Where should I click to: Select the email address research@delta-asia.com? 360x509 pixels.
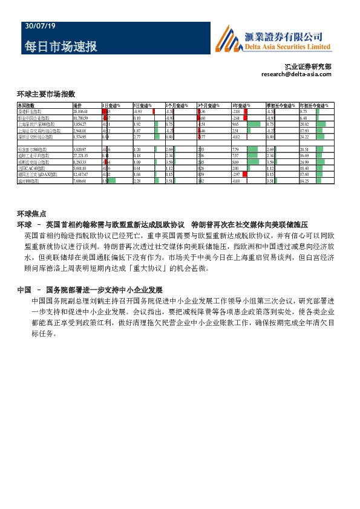click(296, 74)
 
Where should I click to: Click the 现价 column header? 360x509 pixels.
click(77, 106)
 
